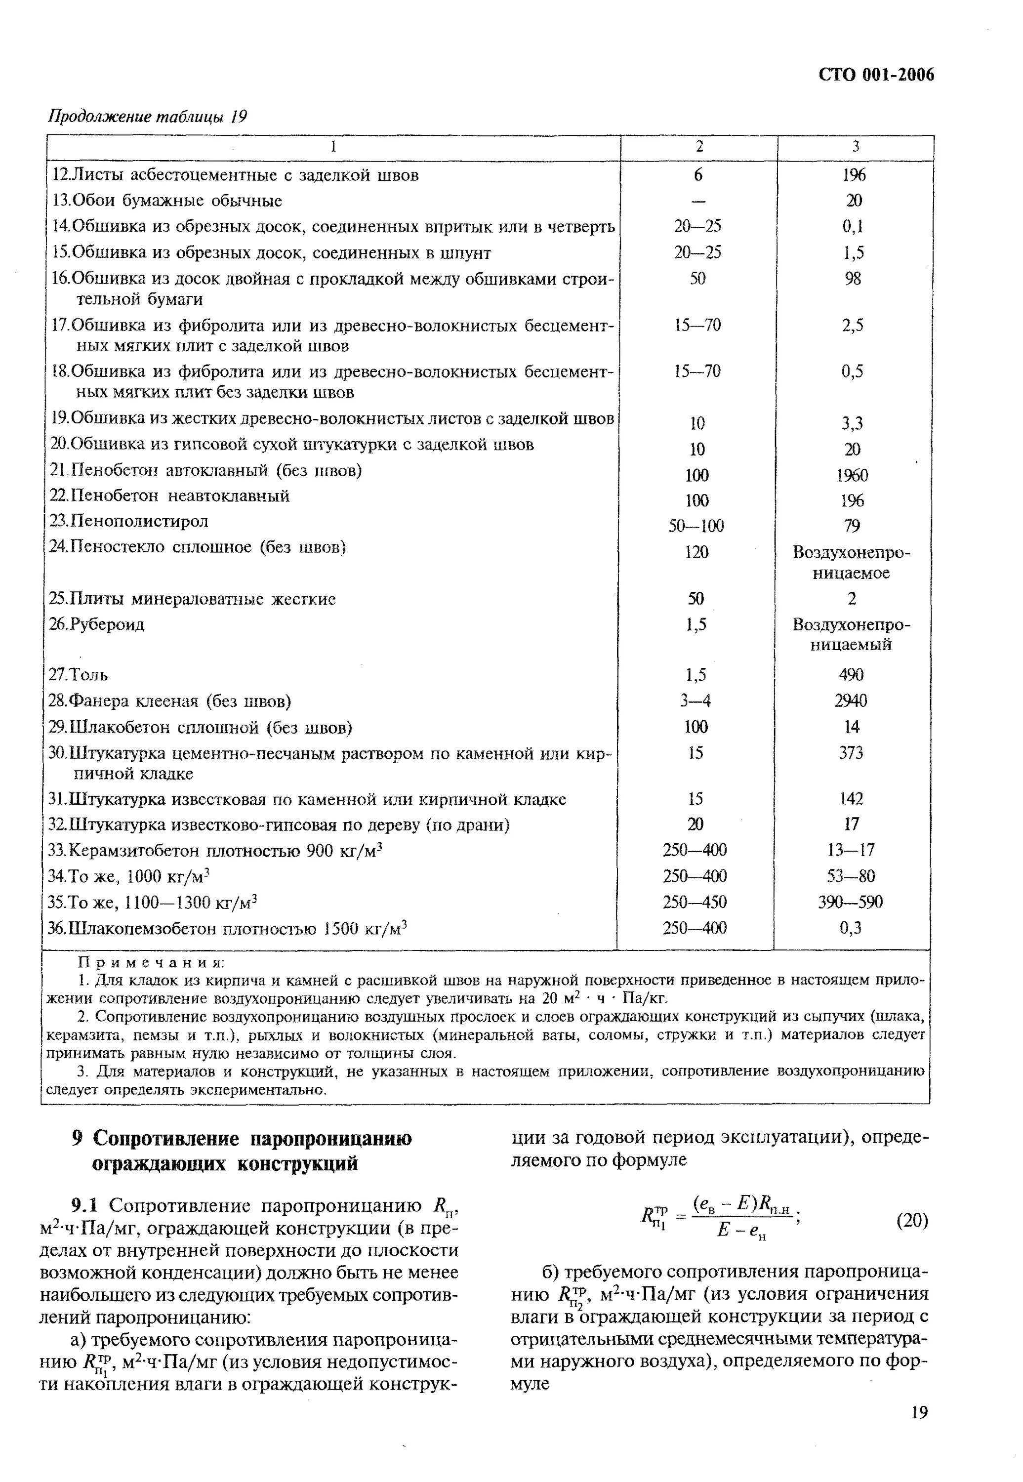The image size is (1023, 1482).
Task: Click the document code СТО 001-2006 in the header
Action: pos(876,75)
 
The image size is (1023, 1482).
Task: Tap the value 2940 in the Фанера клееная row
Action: pos(851,700)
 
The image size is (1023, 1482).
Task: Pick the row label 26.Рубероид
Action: pos(97,624)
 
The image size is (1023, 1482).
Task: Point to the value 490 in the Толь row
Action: pos(851,674)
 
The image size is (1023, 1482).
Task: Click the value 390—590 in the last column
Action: pos(851,902)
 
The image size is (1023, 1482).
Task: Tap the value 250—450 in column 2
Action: pos(695,902)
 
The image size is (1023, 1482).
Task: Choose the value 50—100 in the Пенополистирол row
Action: pos(696,526)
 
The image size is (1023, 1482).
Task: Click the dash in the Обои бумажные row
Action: pos(698,201)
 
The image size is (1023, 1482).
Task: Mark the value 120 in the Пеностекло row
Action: pos(696,552)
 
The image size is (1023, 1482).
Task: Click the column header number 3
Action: pos(855,147)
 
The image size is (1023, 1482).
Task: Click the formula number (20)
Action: pos(911,1220)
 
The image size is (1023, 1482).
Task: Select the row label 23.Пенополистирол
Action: pos(129,521)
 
